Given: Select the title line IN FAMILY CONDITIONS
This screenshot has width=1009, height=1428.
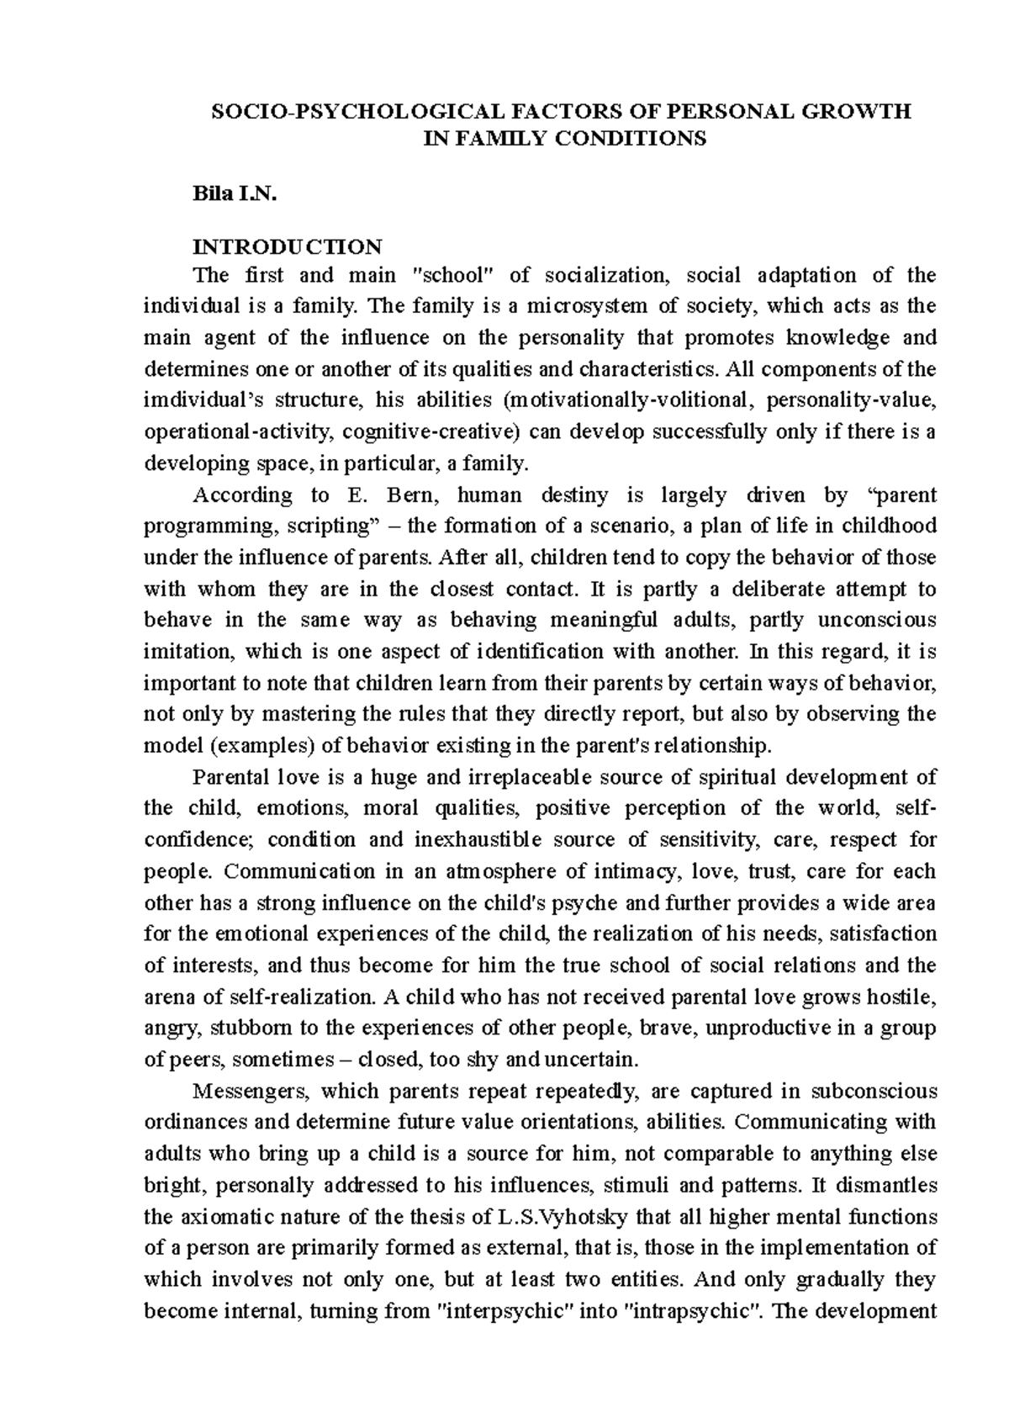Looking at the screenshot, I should (x=563, y=140).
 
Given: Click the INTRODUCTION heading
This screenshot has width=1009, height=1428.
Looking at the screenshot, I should (x=288, y=247).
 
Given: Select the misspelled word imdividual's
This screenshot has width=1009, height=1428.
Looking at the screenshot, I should (x=199, y=400).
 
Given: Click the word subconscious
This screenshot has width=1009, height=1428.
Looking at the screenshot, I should (x=873, y=1092).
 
